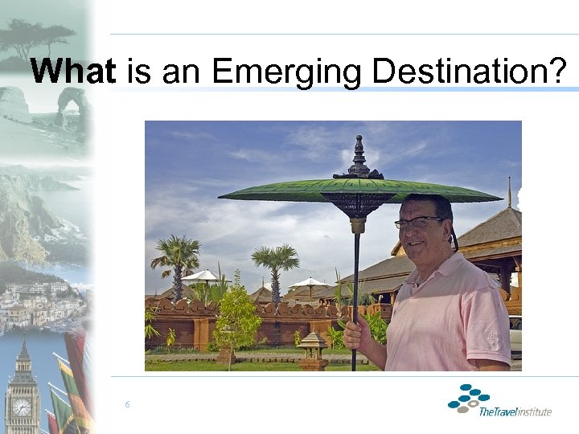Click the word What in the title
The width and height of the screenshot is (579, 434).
click(73, 72)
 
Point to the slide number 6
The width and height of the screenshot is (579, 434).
click(127, 404)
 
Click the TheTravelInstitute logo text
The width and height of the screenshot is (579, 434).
click(515, 411)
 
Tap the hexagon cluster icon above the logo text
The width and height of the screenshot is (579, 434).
click(469, 398)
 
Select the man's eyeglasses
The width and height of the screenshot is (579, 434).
click(419, 222)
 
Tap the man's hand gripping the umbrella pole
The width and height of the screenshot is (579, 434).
click(356, 334)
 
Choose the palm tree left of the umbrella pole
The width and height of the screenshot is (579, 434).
click(275, 261)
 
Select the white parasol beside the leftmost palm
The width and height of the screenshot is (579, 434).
click(202, 276)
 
